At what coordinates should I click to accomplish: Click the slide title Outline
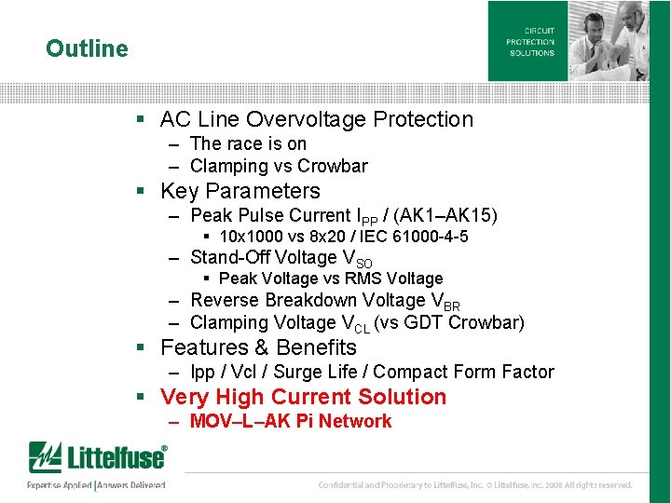(87, 48)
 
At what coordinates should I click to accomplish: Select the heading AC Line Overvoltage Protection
(316, 119)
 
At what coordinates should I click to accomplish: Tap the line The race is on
(248, 143)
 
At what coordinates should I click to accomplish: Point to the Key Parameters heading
(240, 191)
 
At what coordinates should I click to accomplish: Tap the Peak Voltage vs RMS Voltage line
(331, 279)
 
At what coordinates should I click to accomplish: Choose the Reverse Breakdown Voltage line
(324, 301)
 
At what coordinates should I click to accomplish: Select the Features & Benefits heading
(258, 347)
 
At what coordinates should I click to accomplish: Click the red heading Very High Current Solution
(303, 397)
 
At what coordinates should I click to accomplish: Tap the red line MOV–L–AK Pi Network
(290, 421)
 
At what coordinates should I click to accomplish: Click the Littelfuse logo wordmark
(116, 458)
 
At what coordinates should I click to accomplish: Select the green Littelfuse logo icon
(44, 458)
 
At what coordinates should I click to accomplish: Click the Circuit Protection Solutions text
(530, 42)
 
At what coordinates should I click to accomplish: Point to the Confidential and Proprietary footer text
(475, 485)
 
